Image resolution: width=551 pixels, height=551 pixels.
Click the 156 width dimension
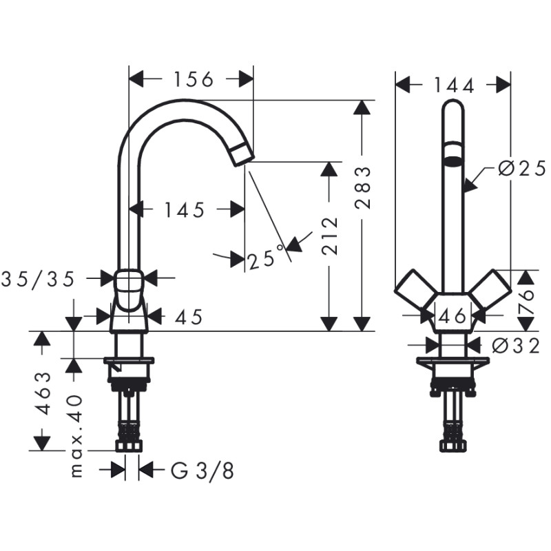click(191, 80)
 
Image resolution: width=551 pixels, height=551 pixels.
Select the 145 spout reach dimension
click(184, 210)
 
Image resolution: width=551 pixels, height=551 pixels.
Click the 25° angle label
click(265, 259)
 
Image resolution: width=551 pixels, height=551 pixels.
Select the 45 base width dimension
click(189, 317)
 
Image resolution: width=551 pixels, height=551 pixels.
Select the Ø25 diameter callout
click(520, 168)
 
